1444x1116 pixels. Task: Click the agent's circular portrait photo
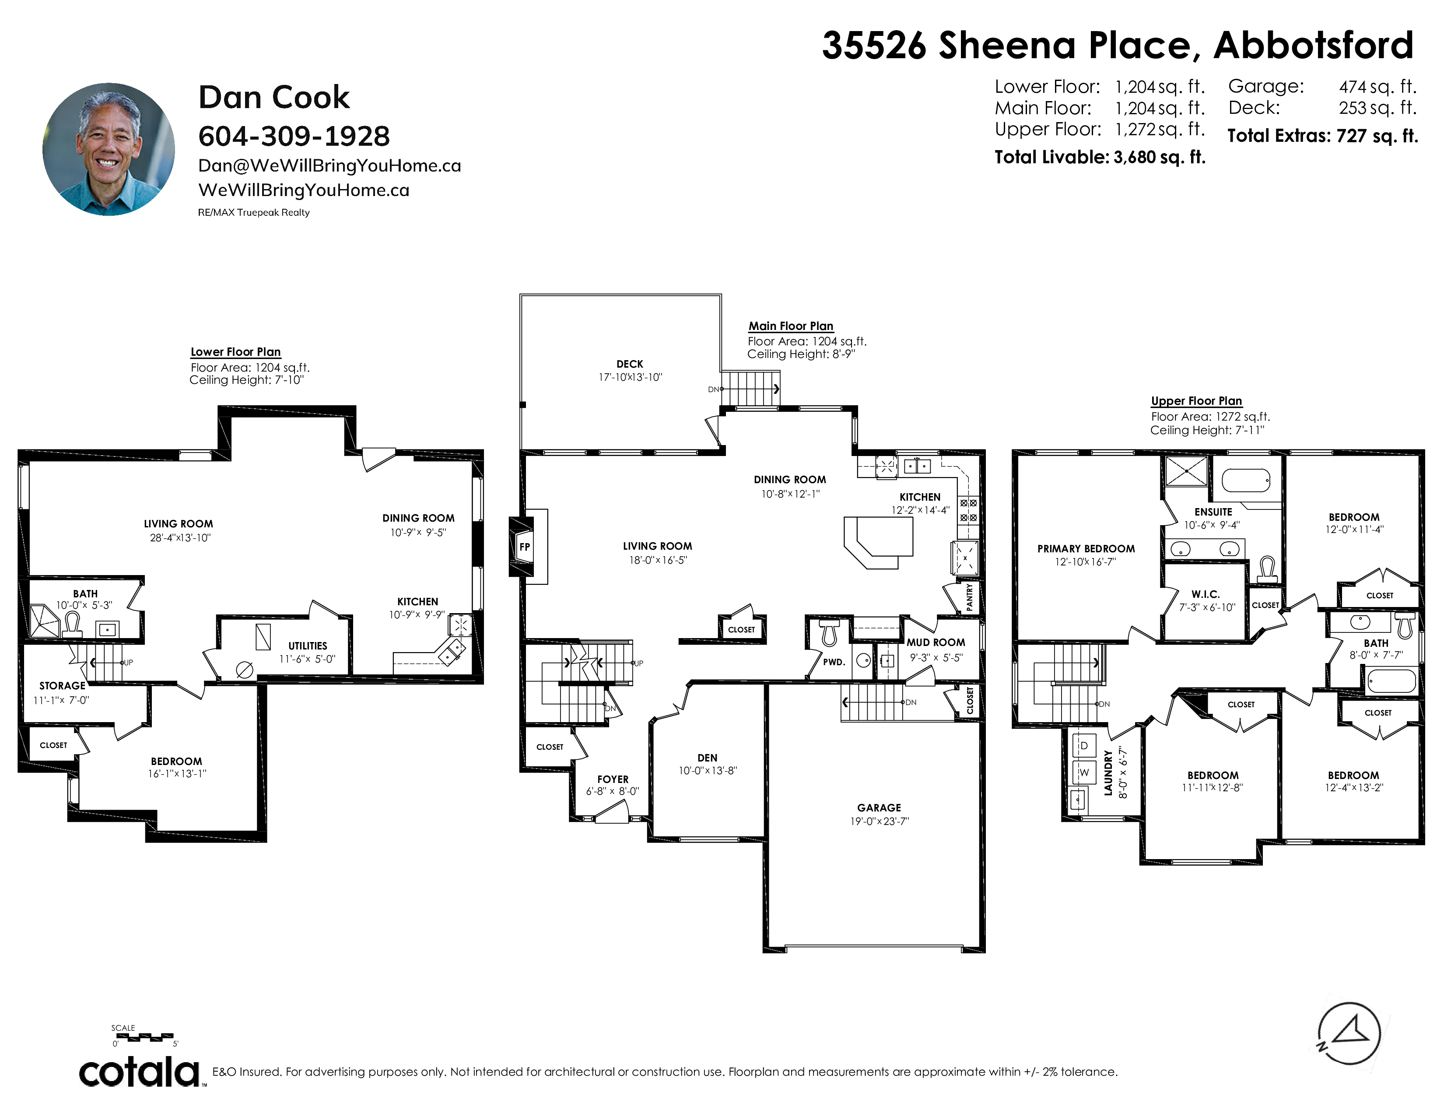tap(109, 149)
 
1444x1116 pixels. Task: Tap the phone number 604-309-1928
tap(294, 136)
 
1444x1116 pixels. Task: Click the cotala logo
tap(140, 1072)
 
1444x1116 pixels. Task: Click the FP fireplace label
tap(524, 547)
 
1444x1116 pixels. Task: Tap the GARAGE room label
tap(879, 807)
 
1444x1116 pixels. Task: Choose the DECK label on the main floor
tap(629, 364)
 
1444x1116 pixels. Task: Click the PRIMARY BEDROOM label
tap(1086, 548)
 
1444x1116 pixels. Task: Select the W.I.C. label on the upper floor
tap(1206, 594)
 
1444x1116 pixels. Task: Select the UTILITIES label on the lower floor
tap(308, 645)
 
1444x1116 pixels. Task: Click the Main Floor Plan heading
tap(791, 326)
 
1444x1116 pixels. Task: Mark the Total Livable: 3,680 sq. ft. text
tap(1100, 158)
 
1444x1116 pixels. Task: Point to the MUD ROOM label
tap(936, 642)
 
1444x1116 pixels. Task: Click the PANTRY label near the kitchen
tap(969, 597)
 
